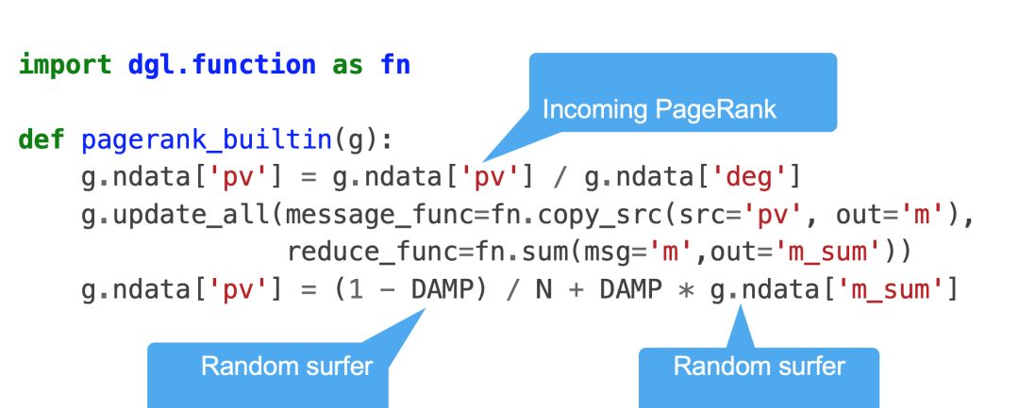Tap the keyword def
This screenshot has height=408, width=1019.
pyautogui.click(x=41, y=141)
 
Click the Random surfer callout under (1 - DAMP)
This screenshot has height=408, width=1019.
pyautogui.click(x=287, y=366)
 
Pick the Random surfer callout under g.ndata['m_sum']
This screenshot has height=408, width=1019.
pyautogui.click(x=759, y=366)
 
